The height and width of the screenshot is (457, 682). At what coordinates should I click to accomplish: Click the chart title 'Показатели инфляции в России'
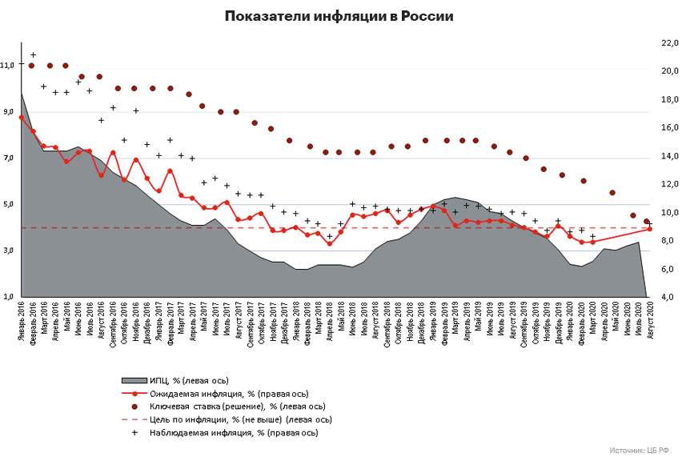coord(340,16)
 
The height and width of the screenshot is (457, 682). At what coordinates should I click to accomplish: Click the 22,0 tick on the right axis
coord(668,42)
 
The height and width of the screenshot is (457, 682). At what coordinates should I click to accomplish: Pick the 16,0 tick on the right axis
coord(668,127)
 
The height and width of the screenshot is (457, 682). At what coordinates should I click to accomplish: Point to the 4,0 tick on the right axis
coord(668,297)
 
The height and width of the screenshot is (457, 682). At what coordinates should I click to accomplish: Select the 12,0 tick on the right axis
coord(668,184)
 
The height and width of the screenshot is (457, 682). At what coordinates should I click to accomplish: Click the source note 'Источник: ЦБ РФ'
coord(637,450)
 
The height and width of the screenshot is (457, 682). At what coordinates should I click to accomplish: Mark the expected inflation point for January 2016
coord(21,117)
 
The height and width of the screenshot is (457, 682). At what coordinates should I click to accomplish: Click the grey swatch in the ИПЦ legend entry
coord(134,380)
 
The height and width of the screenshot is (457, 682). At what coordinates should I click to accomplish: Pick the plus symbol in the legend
coord(134,432)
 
